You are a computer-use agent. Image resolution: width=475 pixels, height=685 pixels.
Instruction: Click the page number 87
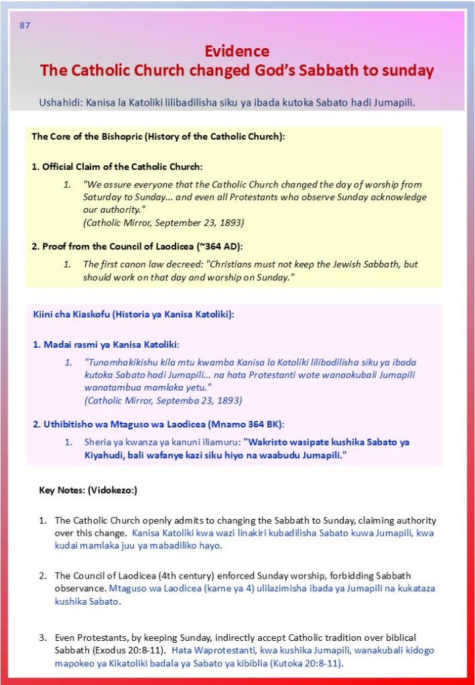click(25, 25)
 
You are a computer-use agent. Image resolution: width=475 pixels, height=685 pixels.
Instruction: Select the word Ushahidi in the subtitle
click(61, 103)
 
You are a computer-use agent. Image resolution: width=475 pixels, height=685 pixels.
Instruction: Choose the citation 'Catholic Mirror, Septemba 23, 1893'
click(163, 400)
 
